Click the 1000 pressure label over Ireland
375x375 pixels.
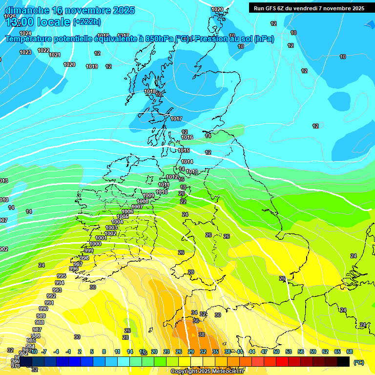point(96,244)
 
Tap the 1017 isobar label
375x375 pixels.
point(176,119)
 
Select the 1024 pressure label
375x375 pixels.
point(25,33)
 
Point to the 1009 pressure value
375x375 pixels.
point(148,195)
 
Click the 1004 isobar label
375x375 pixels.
point(117,222)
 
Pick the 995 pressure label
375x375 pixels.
point(61,276)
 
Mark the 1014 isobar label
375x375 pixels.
point(187,162)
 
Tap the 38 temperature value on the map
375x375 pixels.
point(202,334)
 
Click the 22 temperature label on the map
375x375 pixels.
point(183,201)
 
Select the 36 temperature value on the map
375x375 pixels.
point(196,321)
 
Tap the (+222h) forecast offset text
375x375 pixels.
point(87,21)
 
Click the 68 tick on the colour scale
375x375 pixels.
point(350,352)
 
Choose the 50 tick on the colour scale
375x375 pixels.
point(276,352)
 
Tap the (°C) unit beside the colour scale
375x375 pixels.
point(358,362)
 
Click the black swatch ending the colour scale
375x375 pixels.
point(343,361)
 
